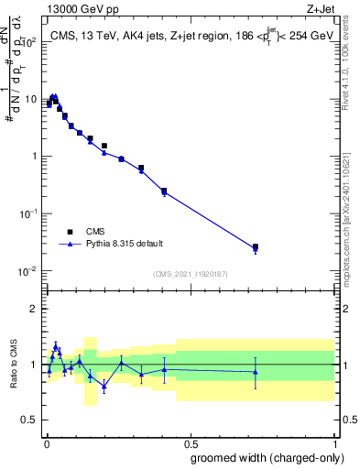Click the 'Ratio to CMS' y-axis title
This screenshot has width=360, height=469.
15,365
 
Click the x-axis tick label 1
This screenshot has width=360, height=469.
335,442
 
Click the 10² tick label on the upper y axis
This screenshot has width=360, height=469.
29,42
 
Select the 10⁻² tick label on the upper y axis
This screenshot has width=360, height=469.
29,271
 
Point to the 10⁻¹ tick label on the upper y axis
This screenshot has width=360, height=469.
29,213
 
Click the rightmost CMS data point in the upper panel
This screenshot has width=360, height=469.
256,246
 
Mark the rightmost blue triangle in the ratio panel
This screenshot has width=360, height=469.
256,372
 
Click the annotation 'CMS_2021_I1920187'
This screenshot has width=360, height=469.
189,274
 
